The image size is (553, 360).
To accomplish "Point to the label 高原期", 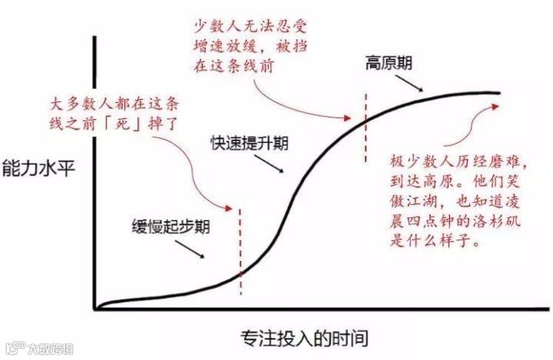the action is pyautogui.click(x=388, y=64).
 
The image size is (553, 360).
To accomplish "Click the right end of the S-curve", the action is pyautogui.click(x=499, y=93).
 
